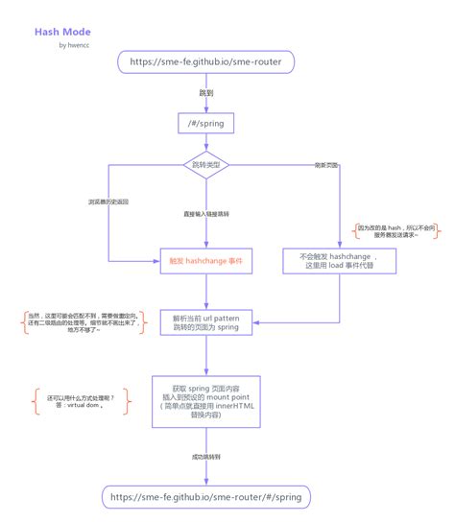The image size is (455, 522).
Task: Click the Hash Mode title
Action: (x=62, y=32)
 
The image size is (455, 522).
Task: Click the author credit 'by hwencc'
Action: (x=75, y=45)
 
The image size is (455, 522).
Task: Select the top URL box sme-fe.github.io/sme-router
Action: (x=205, y=62)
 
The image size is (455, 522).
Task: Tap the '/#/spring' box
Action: (x=205, y=124)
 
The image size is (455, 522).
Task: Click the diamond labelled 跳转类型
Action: (x=204, y=165)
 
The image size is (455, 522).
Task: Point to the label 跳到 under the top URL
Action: (x=205, y=93)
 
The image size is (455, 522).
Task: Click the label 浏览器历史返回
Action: (x=109, y=202)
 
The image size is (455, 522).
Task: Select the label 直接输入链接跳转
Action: (x=205, y=213)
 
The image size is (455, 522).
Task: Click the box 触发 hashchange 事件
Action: (x=205, y=261)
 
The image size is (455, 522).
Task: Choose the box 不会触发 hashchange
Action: (x=338, y=261)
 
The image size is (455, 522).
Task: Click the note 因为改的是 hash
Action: (x=396, y=231)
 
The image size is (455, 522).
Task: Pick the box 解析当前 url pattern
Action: (x=205, y=323)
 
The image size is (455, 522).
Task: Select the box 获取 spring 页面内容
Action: (x=205, y=397)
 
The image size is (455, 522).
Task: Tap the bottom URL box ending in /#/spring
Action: (x=205, y=497)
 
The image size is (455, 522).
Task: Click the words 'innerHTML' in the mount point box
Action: (x=236, y=406)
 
